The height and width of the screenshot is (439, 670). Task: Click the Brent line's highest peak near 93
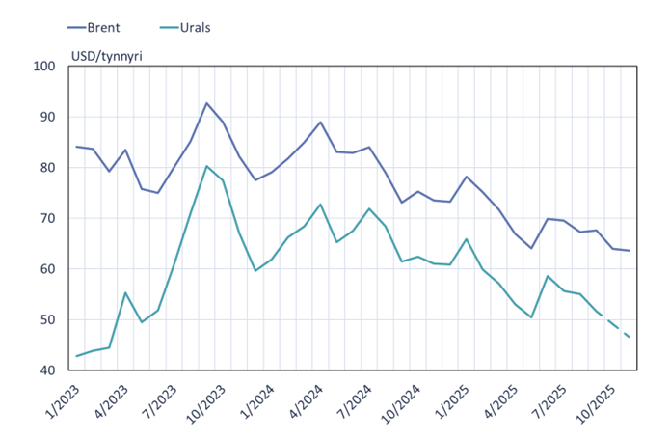(207, 103)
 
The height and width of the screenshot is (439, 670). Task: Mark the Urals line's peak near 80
(207, 166)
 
